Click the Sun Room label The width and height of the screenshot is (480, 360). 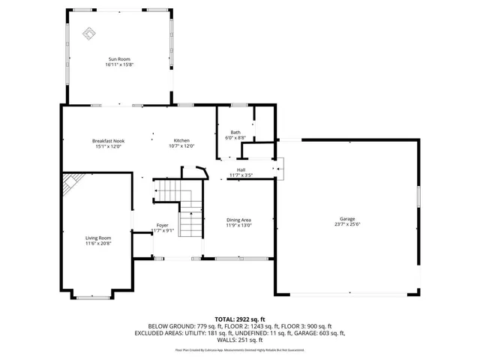pos(120,58)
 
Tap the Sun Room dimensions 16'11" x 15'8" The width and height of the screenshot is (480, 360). pos(120,64)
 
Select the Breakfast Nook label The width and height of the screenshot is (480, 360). pos(109,141)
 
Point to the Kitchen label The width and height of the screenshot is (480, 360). pos(181,141)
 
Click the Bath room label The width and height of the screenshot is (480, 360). pos(235,132)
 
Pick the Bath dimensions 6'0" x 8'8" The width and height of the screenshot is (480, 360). pos(235,138)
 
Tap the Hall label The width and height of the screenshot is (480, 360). pos(241,169)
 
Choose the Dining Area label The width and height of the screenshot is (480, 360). pos(239,220)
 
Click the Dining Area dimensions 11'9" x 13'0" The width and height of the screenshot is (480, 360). pos(239,226)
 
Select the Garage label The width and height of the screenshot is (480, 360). pos(346,218)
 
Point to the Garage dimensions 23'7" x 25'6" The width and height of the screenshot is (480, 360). pos(346,224)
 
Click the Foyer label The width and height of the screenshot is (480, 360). pos(162,225)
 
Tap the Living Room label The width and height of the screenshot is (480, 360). pos(98,238)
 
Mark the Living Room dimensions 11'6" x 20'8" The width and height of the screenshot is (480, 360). pos(98,244)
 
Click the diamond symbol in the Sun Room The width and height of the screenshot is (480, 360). pos(88,34)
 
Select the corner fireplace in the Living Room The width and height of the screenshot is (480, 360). pos(71,182)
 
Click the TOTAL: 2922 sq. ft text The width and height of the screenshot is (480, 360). pos(239,319)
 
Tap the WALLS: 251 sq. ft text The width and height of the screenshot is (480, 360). pos(239,339)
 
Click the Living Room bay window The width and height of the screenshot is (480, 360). pos(93,296)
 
